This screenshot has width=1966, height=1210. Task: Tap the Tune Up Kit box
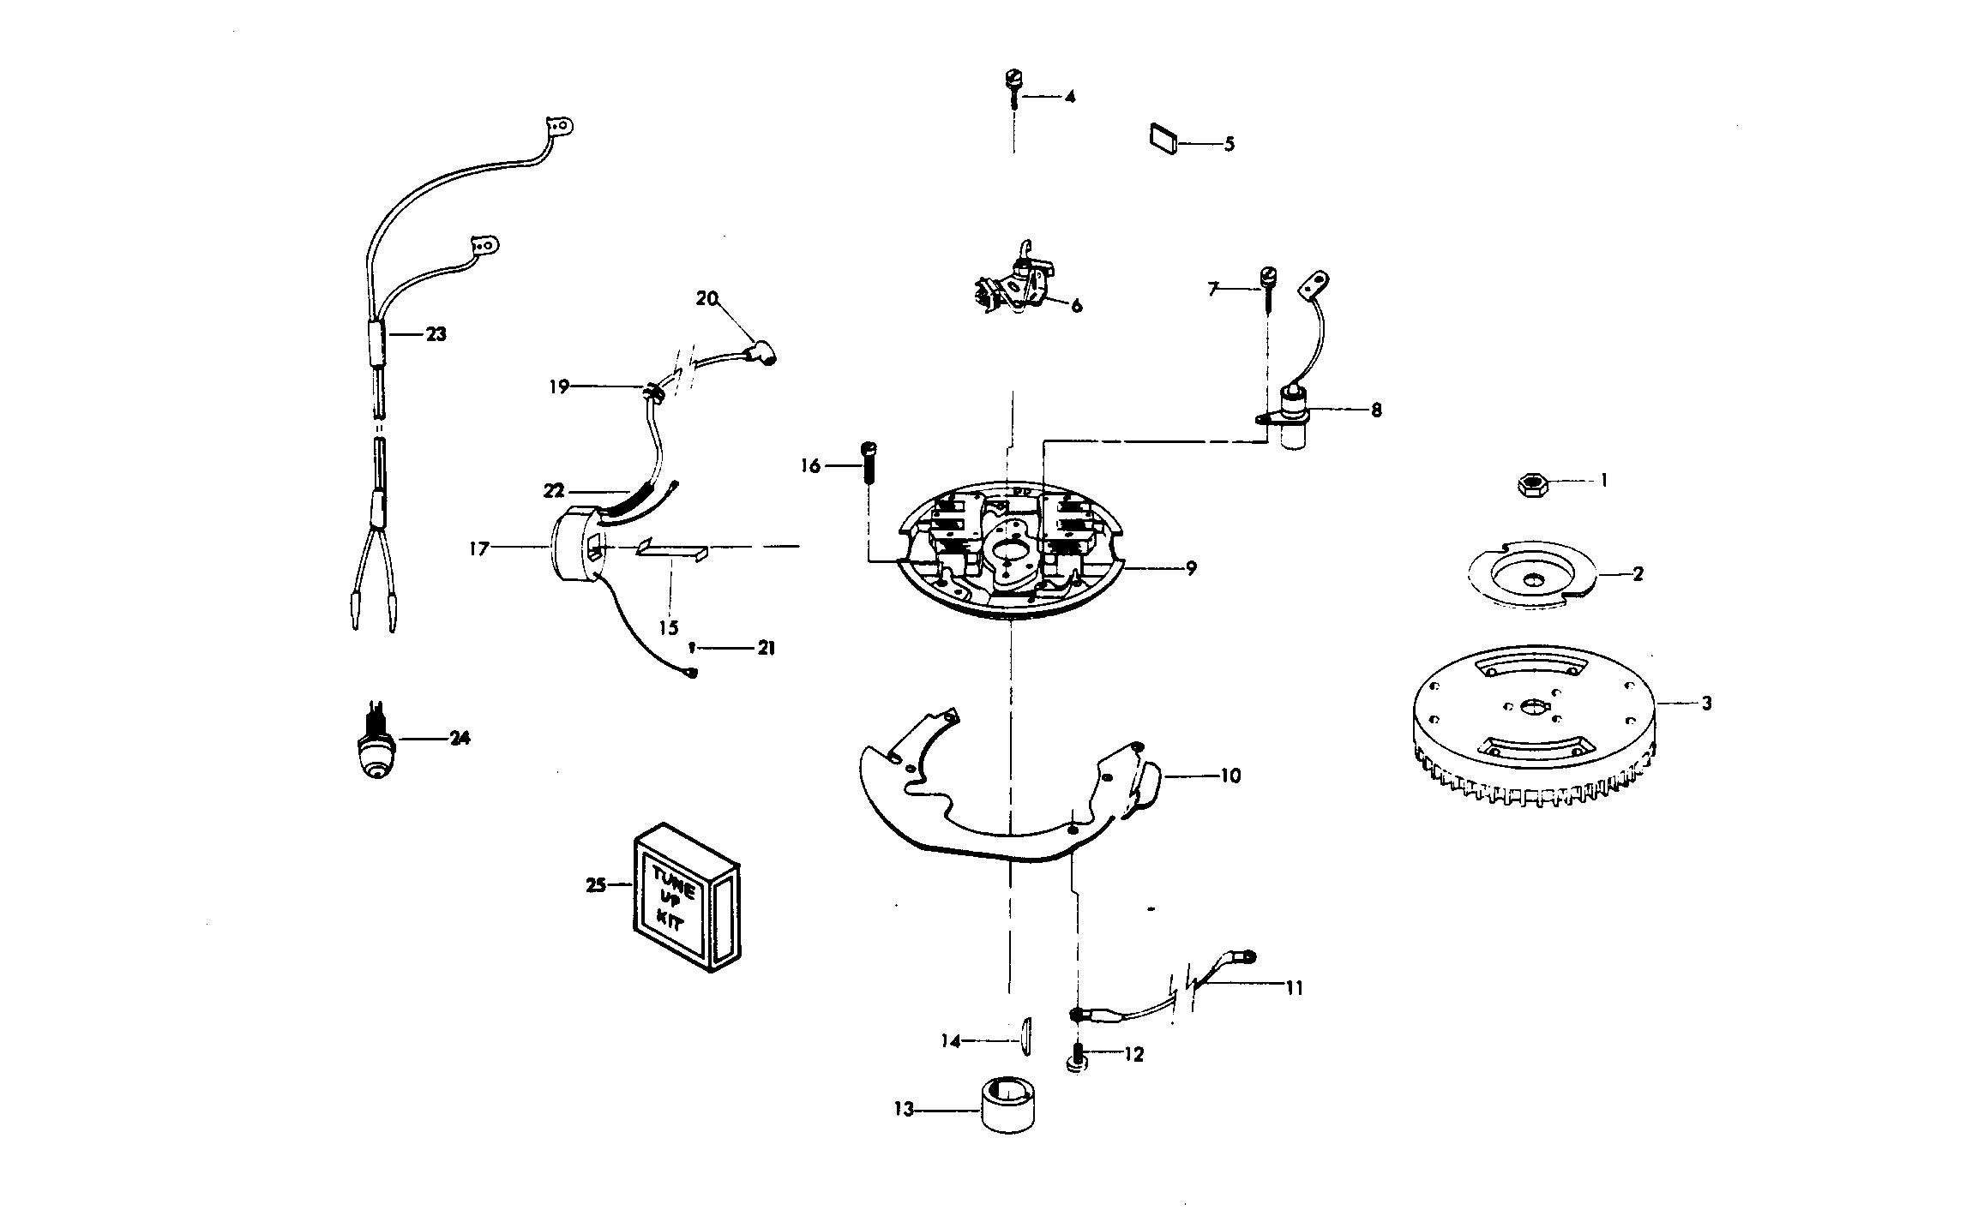click(x=687, y=897)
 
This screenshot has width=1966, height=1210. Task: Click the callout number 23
click(x=436, y=334)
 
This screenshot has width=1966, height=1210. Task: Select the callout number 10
click(x=1230, y=776)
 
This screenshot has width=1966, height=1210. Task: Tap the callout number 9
click(x=1191, y=567)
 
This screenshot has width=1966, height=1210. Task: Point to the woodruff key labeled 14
click(x=1025, y=1032)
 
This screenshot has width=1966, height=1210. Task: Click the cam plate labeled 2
click(x=1533, y=573)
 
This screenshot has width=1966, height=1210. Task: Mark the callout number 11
click(x=1294, y=988)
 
